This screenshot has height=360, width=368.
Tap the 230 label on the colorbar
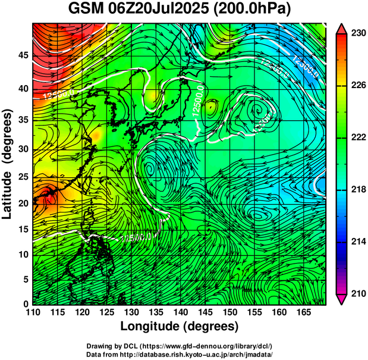coord(356,34)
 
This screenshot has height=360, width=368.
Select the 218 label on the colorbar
coord(356,190)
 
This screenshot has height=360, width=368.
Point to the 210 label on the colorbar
coord(356,293)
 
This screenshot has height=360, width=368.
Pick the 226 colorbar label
coord(356,86)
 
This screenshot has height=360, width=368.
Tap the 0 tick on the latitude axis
coord(25,304)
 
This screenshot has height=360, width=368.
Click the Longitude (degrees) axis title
coord(180,326)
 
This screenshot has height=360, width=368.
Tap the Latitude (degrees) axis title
coord(8,164)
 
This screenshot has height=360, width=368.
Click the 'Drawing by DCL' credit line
coord(180,346)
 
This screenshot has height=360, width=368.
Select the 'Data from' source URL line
coord(180,353)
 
